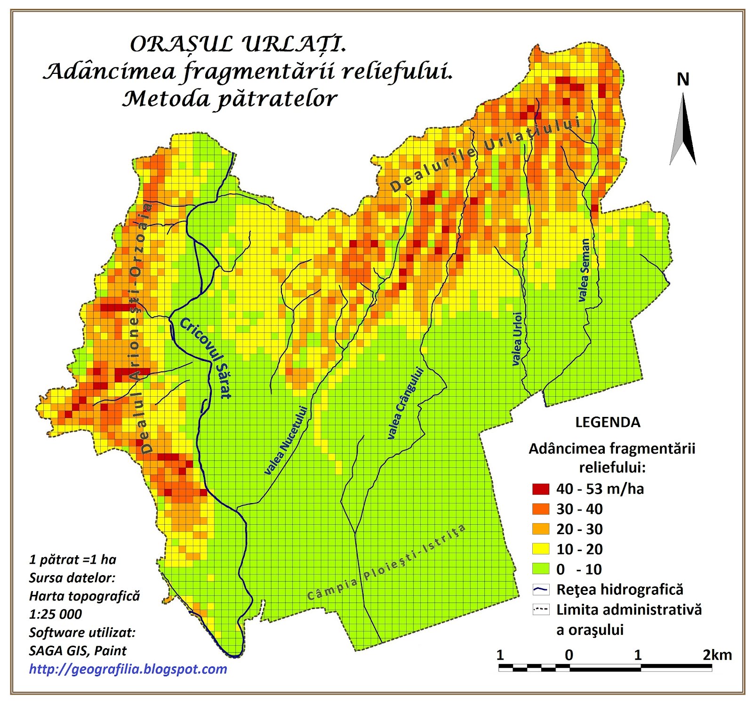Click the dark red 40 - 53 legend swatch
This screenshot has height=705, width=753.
tap(541, 489)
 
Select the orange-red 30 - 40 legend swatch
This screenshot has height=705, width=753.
tap(541, 509)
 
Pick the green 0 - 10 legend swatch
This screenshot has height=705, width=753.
tap(541, 569)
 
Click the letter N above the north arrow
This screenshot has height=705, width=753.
tap(682, 80)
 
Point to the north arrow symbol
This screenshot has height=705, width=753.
tap(683, 129)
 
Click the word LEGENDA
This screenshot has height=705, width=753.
tap(608, 422)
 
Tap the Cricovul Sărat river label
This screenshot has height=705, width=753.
tap(206, 358)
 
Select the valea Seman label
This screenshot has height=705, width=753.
tap(584, 270)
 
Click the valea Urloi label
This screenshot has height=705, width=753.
tap(517, 338)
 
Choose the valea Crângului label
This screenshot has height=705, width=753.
tap(405, 403)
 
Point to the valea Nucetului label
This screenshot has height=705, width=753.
tap(286, 440)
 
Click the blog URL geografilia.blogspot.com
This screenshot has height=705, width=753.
tap(128, 669)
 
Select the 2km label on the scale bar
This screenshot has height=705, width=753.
tap(717, 655)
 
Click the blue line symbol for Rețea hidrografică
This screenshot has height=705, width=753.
tap(541, 589)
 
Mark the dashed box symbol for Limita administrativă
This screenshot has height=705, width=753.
tap(541, 609)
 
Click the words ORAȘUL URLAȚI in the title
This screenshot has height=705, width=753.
tap(238, 44)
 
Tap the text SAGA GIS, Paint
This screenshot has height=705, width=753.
tap(78, 650)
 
